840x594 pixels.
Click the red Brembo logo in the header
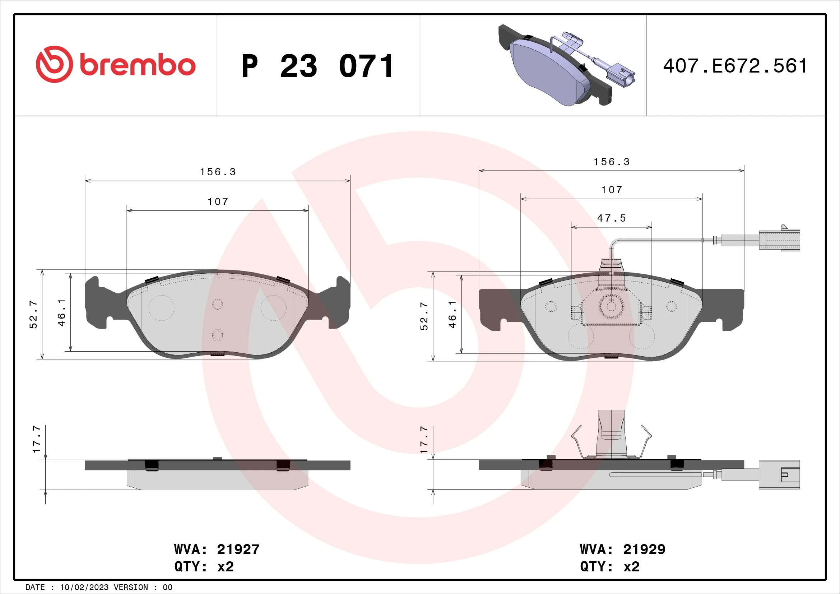coord(116,65)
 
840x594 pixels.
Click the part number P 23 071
coord(317,66)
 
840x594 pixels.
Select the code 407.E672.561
coord(735,66)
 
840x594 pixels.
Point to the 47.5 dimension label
coord(612,218)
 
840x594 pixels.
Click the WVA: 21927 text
coord(217,549)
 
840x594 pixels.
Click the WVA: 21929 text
coord(622,549)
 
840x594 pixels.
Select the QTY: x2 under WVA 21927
coord(204,567)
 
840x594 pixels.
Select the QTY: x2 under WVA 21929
coord(609,567)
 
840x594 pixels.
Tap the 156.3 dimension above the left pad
coord(218,172)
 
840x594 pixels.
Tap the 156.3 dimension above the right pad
coord(612,162)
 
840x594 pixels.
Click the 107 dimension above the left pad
coord(218,201)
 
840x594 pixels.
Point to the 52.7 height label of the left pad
coord(33,315)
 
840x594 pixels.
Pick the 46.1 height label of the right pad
coord(452,315)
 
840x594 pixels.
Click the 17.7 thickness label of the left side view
coord(37,439)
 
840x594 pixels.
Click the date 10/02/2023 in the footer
coord(84,588)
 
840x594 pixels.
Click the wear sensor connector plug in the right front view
coord(779,240)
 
